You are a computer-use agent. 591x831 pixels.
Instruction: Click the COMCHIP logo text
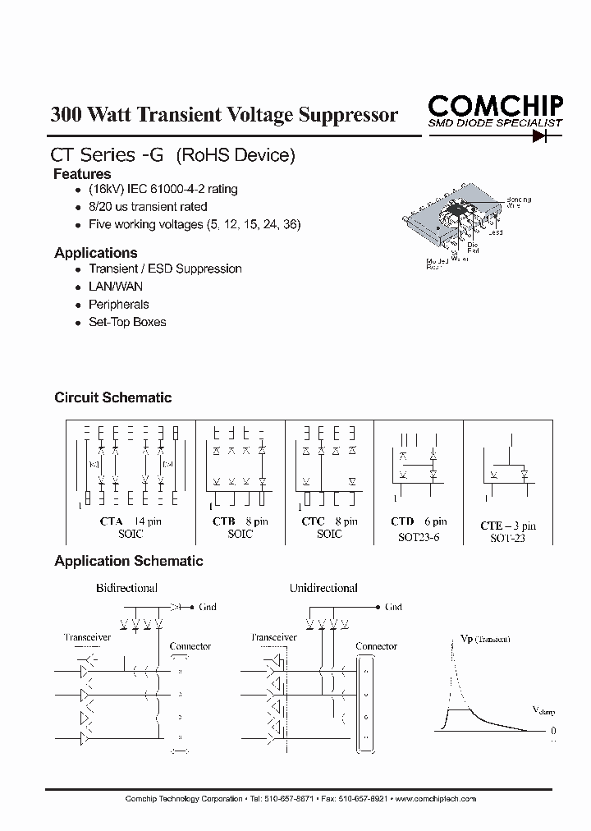tap(495, 105)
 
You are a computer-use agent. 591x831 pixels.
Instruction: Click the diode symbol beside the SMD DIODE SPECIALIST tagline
tap(540, 136)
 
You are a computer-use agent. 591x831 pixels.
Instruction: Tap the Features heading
tap(82, 174)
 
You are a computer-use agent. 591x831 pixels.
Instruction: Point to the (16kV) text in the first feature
tap(105, 189)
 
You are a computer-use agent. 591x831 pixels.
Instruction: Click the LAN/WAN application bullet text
tap(115, 287)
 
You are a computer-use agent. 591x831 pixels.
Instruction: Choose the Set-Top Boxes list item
tap(127, 322)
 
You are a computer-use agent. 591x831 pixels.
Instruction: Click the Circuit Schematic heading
tap(112, 397)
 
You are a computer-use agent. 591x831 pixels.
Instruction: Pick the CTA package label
tap(111, 521)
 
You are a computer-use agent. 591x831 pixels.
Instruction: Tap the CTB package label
tap(224, 521)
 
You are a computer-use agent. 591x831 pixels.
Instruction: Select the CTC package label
tap(313, 521)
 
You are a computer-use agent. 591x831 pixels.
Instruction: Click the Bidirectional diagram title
tap(126, 588)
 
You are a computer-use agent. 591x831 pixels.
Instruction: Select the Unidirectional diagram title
tap(323, 588)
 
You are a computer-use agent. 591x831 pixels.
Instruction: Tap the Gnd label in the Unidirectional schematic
tap(393, 607)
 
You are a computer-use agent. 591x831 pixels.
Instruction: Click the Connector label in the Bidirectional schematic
tap(190, 646)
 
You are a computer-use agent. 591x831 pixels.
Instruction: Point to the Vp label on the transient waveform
tap(466, 637)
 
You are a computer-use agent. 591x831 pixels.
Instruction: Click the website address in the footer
tap(436, 798)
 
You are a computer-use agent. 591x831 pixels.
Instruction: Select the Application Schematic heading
tap(128, 562)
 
